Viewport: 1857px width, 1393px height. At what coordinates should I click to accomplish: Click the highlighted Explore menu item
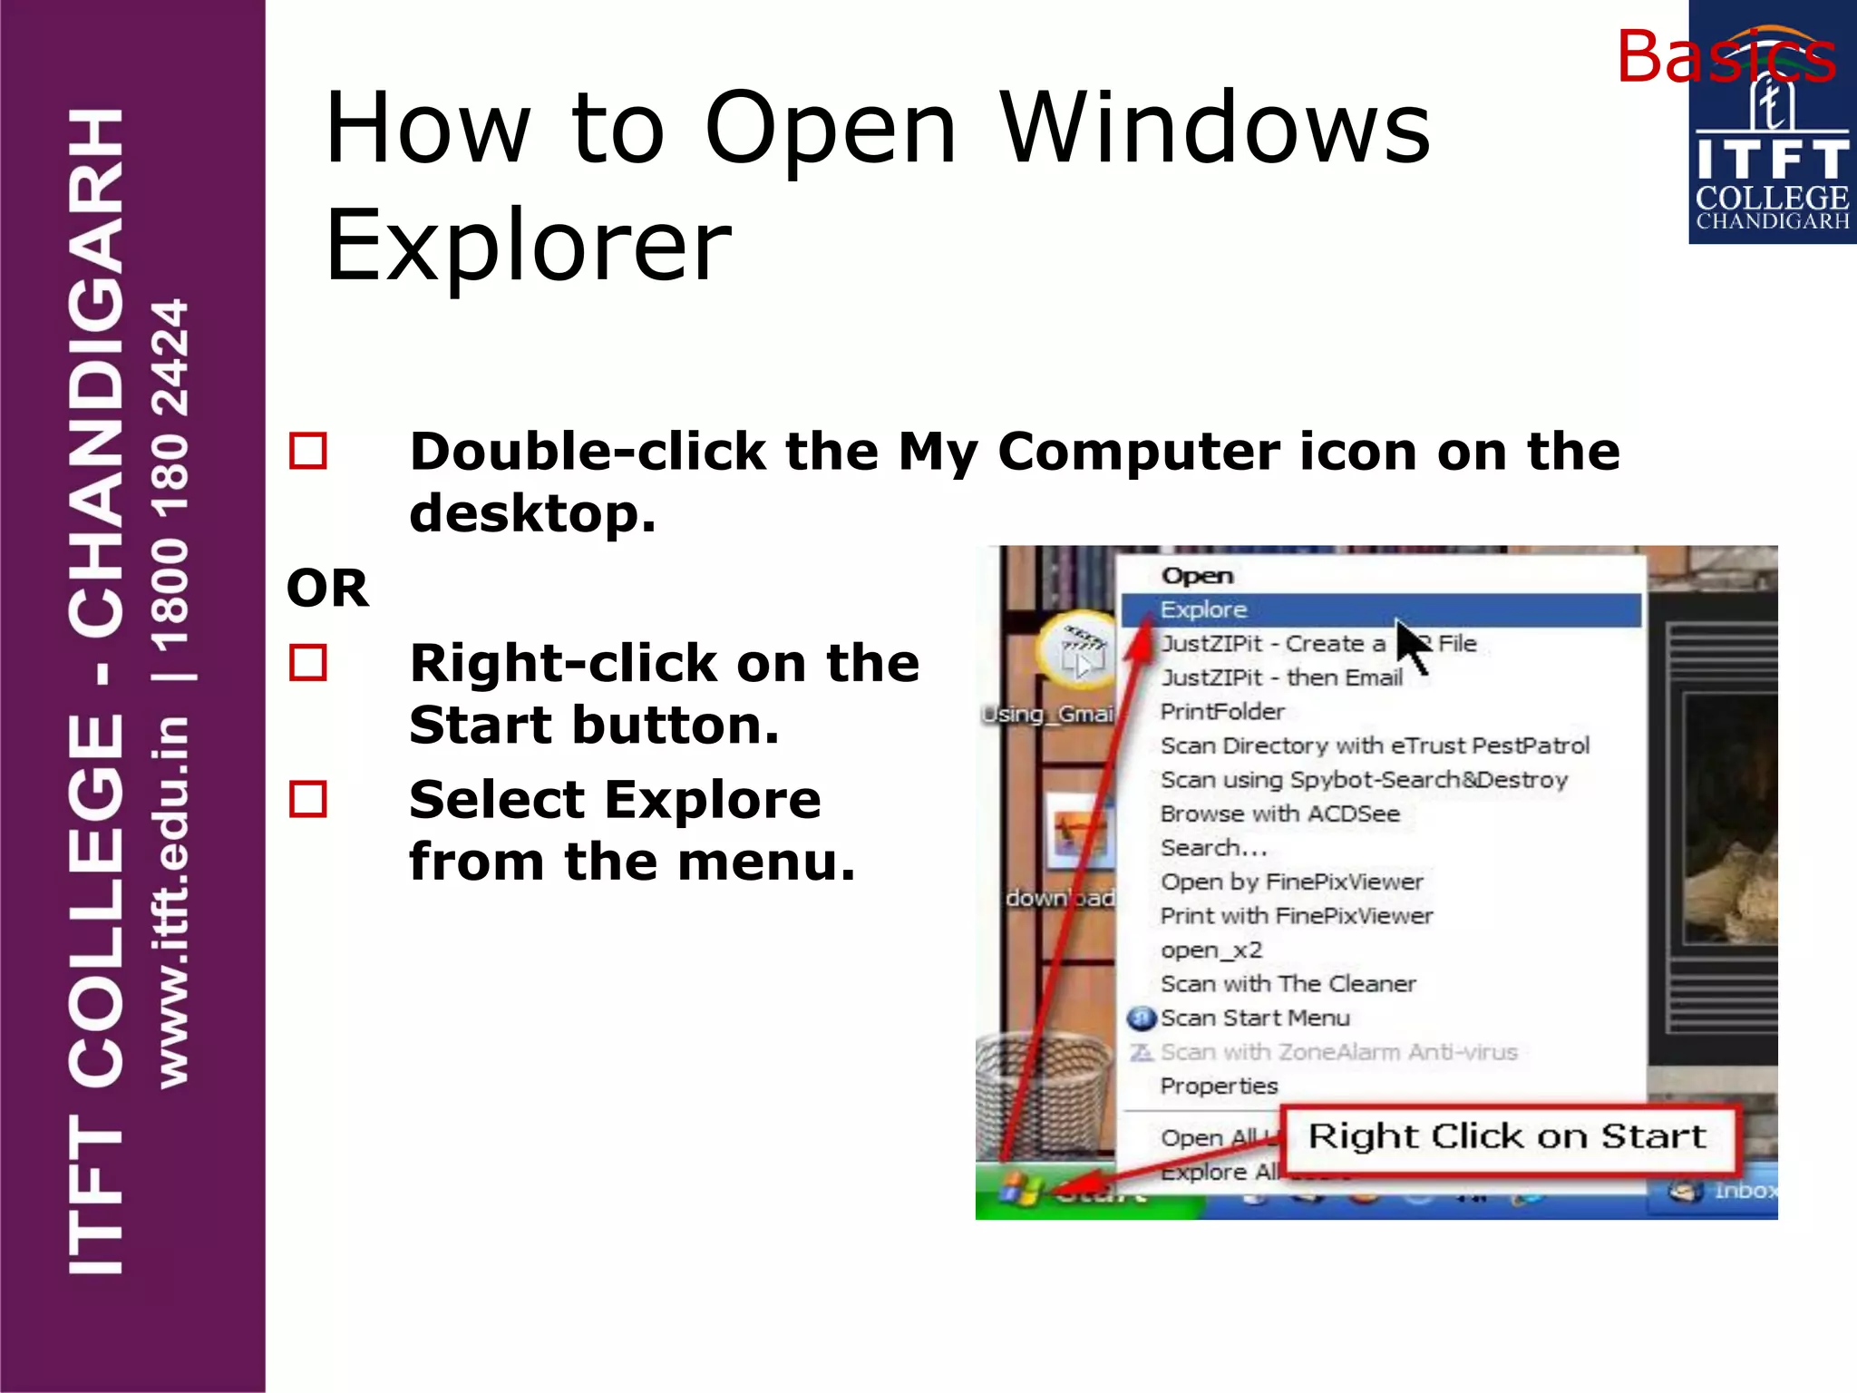(1204, 609)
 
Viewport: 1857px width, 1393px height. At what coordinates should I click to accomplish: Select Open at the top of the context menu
(1197, 576)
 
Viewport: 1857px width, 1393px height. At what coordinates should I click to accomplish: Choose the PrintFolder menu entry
(1222, 712)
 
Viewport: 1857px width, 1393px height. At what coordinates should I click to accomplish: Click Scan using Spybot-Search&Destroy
(1364, 780)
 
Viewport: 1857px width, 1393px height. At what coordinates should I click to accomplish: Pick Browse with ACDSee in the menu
(1279, 813)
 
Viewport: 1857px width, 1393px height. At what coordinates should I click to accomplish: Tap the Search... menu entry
(1213, 848)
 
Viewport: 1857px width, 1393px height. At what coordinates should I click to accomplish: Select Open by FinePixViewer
(1291, 882)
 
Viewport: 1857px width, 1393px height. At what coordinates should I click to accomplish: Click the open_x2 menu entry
(1210, 950)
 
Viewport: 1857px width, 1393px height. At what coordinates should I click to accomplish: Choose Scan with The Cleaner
(1288, 984)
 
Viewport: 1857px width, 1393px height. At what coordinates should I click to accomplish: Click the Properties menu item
(1219, 1086)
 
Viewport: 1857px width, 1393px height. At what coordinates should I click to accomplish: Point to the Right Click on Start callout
(1507, 1137)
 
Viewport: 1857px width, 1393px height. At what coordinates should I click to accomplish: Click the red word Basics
(1725, 56)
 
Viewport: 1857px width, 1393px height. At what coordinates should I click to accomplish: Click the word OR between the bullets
(327, 589)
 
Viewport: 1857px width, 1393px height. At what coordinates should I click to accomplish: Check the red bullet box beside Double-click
(308, 452)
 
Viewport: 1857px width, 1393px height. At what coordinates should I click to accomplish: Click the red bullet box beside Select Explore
(308, 800)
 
